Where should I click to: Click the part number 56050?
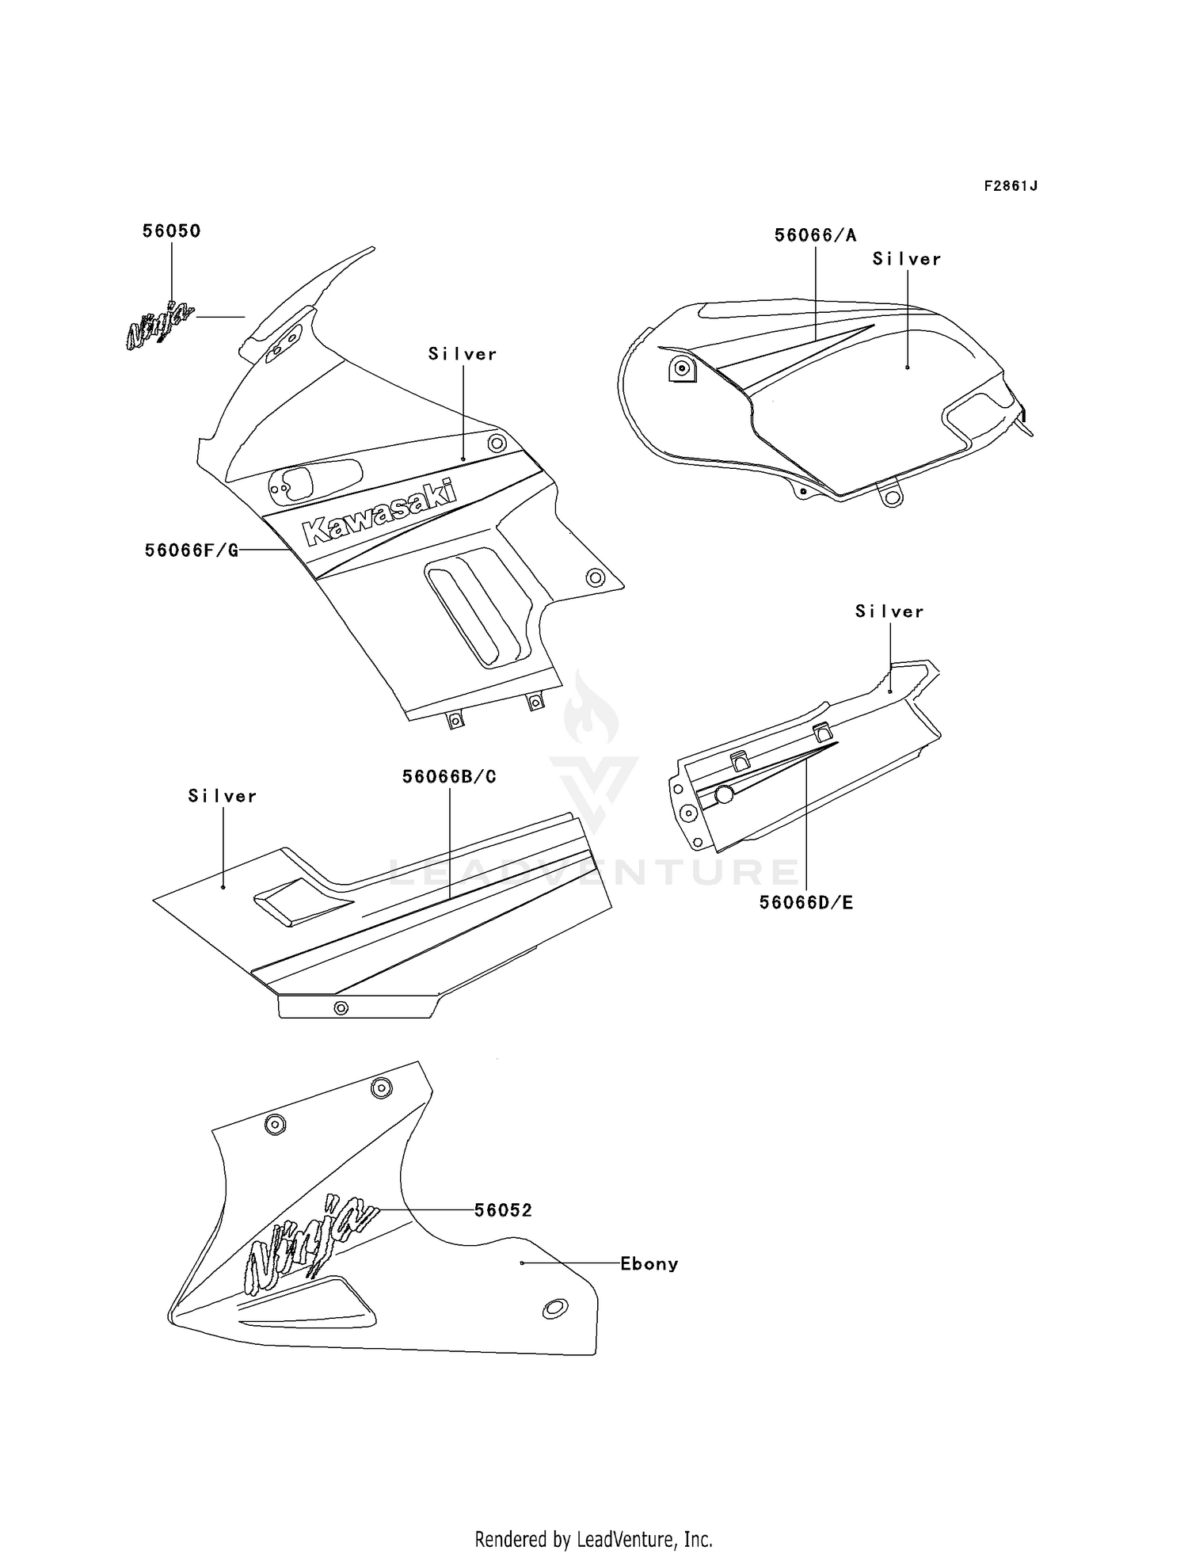[171, 231]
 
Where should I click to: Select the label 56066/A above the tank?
[815, 235]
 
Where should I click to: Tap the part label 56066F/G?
[191, 550]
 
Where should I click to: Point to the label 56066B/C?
[449, 777]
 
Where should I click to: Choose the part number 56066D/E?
[806, 902]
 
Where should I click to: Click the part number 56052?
[503, 1210]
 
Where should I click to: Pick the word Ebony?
[649, 1264]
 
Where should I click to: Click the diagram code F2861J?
[1011, 186]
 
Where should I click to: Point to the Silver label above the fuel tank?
[907, 259]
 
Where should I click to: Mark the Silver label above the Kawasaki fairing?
[463, 354]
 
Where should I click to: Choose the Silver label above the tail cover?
[889, 611]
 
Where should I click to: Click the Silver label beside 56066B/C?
[223, 796]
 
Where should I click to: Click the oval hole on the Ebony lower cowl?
[554, 1308]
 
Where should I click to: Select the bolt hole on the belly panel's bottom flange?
[341, 1007]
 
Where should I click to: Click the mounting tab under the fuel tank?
[892, 496]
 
